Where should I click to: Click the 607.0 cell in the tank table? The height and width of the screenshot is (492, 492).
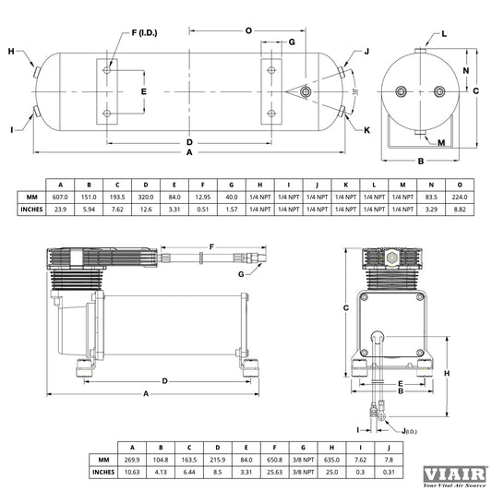(60, 197)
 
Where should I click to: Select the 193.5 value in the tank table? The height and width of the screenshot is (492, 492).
(117, 197)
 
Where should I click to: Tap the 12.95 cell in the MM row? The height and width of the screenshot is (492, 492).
(203, 197)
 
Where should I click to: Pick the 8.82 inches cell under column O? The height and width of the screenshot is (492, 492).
(460, 210)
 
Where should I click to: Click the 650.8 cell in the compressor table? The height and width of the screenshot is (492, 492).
(274, 460)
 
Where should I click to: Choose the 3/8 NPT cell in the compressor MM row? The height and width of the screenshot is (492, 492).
(303, 460)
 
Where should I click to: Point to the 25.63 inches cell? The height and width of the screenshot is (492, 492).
(274, 472)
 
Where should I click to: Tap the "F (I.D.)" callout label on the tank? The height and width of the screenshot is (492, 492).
(144, 32)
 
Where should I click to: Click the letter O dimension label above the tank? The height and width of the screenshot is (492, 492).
(248, 30)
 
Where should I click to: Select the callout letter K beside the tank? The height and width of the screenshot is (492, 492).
(366, 130)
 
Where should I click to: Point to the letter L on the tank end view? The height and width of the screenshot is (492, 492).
(444, 34)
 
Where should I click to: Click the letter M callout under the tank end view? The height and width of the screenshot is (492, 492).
(441, 143)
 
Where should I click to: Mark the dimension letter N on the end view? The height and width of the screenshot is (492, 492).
(466, 70)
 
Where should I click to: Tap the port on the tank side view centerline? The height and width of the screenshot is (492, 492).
(305, 92)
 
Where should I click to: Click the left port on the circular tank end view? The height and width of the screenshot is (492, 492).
(401, 91)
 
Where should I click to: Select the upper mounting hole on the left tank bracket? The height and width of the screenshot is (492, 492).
(107, 70)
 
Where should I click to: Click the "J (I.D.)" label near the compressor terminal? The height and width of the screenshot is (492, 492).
(409, 431)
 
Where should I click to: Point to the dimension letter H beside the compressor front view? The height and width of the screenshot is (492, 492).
(447, 373)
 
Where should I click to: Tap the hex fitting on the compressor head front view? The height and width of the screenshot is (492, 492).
(391, 258)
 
